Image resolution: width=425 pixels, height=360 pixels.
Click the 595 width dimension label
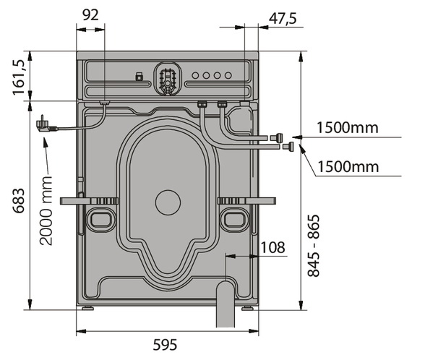point(165,345)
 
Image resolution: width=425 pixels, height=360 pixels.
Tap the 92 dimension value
point(90,15)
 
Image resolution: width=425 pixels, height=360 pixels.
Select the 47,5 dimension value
point(283,19)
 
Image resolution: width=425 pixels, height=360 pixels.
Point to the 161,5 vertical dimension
point(19,77)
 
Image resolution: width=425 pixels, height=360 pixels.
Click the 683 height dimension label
point(19,201)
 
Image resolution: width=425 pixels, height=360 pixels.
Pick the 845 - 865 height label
point(314,246)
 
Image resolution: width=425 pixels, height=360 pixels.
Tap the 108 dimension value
point(273,247)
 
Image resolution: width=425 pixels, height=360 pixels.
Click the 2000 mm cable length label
point(46,210)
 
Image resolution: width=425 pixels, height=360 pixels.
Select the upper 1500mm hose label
point(348,127)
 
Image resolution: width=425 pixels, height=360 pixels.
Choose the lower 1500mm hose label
point(348,166)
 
